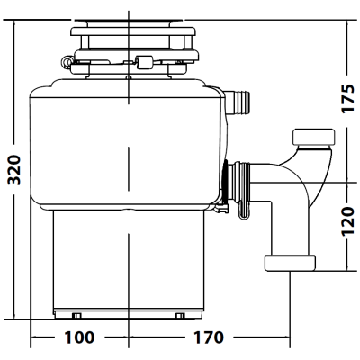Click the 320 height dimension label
point(14,170)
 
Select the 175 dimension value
point(348,98)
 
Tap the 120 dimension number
point(348,221)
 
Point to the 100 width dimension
point(79,337)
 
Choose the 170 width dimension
point(209,337)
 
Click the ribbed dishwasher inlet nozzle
point(238,102)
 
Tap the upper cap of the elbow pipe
point(314,137)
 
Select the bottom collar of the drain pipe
point(290,263)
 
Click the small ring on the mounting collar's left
point(66,61)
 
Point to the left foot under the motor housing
point(76,315)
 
